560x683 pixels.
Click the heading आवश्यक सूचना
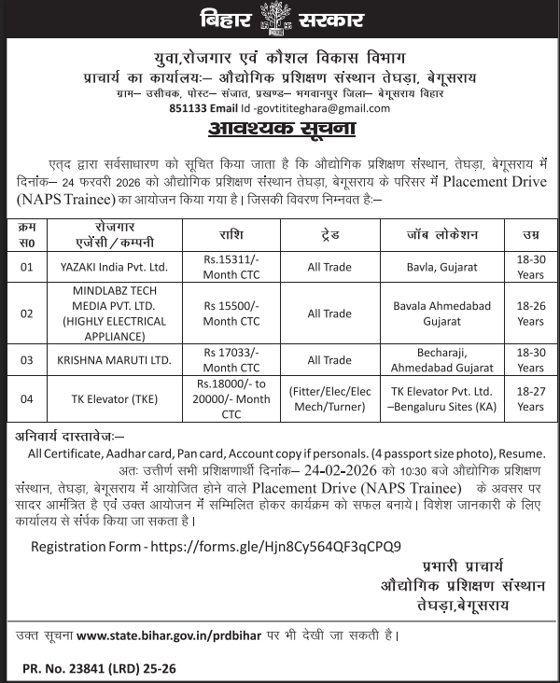[280, 127]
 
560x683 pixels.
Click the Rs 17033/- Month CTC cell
[232, 360]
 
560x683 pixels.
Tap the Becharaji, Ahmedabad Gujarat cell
[442, 360]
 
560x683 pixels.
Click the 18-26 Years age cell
[530, 313]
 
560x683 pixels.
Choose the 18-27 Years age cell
[530, 399]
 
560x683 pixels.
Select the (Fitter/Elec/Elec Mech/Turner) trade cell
[329, 399]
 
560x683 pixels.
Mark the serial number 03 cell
[27, 360]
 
